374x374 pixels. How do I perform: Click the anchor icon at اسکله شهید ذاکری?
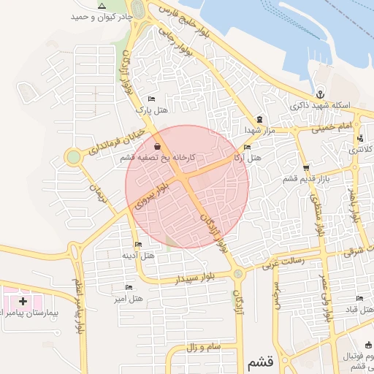coord(320,94)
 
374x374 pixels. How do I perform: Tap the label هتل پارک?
coord(153,110)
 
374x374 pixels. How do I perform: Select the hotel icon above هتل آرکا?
coord(246,147)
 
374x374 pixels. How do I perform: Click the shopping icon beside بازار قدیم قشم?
coord(306,168)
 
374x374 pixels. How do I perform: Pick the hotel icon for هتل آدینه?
coord(139,244)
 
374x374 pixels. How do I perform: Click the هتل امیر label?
coord(129,299)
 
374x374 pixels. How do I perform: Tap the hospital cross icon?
coord(23,300)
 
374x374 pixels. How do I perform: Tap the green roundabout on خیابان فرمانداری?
coord(73,157)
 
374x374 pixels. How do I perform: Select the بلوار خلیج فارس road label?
coord(175,15)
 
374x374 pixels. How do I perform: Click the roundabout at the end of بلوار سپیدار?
coord(237,273)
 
